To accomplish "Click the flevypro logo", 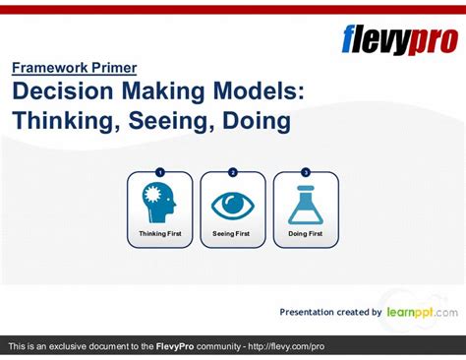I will tap(398, 39).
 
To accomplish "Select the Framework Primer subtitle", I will tap(75, 68).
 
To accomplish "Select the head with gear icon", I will tap(159, 203).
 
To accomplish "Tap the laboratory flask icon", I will tap(305, 204).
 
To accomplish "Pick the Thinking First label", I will tap(159, 234).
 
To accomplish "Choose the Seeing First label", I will tap(232, 234).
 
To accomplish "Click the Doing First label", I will tap(305, 234).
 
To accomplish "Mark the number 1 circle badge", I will tap(159, 172).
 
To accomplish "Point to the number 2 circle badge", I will tap(232, 172).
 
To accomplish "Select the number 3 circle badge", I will tap(305, 172).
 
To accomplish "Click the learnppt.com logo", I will tap(422, 312).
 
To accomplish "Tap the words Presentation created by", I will tap(330, 313).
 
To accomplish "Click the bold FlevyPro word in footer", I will tap(179, 347).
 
